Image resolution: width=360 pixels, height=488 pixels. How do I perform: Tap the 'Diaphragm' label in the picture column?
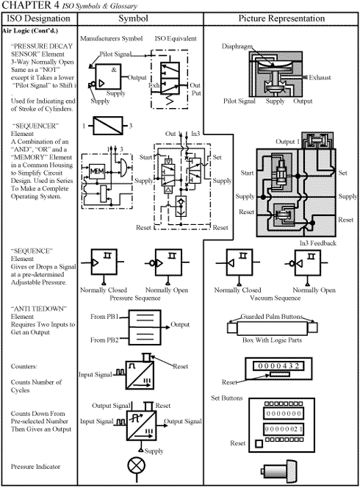coord(237,46)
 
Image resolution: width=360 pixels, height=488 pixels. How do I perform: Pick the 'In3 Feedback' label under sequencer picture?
coord(317,243)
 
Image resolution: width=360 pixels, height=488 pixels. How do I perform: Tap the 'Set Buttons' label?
coord(227,397)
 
